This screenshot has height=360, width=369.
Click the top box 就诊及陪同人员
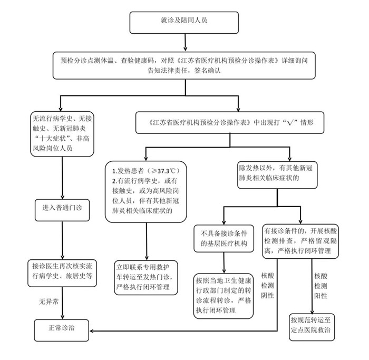point(184,21)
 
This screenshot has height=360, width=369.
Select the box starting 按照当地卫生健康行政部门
point(222,296)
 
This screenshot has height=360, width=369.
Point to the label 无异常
point(48,302)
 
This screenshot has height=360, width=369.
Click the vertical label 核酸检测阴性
point(268,285)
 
